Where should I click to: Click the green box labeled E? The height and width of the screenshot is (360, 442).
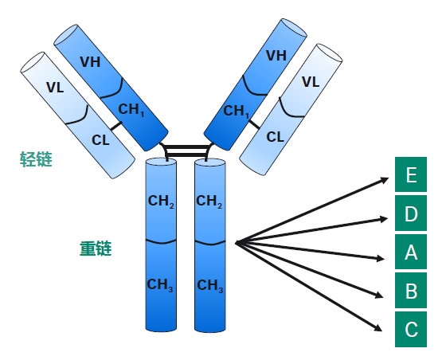coord(411,174)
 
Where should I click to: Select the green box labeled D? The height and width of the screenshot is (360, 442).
coord(411,213)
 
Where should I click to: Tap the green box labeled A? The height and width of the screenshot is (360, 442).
coord(411,252)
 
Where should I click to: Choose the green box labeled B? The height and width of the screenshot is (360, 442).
coord(411,291)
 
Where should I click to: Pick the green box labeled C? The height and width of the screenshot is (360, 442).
coord(411,329)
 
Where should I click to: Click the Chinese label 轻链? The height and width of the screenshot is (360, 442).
coord(36,159)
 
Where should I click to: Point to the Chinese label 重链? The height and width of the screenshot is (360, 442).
coord(96,248)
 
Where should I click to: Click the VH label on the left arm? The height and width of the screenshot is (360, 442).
coord(90,62)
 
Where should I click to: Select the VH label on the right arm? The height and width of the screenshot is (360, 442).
coord(276,56)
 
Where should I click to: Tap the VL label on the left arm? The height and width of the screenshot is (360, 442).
coord(55,88)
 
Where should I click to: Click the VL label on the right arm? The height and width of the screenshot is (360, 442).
coord(311,82)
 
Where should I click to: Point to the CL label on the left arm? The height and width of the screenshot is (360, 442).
coord(100,140)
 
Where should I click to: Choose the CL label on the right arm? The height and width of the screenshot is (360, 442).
coord(275,137)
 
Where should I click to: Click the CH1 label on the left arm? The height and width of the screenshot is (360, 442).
coord(131,110)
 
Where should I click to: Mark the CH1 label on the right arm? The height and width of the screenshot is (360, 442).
coord(237,112)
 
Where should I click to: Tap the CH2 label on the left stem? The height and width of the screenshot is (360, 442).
coord(161,202)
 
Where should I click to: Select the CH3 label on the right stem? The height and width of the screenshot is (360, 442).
coord(210,286)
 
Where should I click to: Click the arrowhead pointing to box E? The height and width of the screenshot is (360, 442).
coord(385,179)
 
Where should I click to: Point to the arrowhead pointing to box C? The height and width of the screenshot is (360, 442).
coord(378,327)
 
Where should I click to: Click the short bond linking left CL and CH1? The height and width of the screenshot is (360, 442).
coord(116,126)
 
